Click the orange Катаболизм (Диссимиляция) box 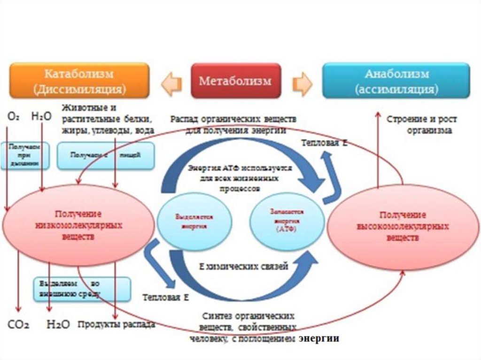pos(79,81)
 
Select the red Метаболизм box pos(235,81)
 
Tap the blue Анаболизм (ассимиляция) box pos(396,81)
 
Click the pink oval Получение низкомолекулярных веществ pos(78,226)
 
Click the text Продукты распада pos(116,324)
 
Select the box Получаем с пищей pos(106,155)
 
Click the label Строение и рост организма pos(422,125)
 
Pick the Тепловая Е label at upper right pos(324,143)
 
